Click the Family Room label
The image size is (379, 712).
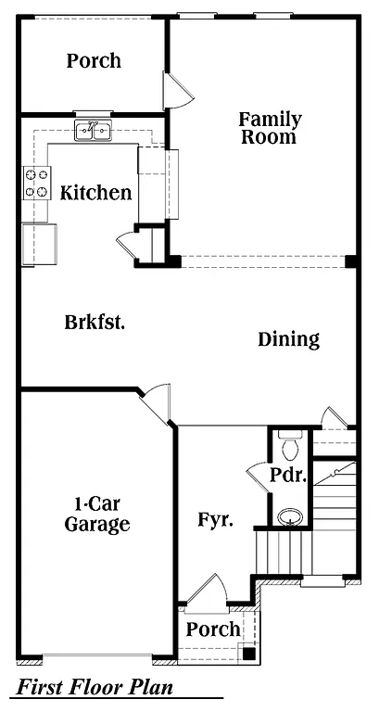270,128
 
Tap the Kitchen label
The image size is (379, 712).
95,193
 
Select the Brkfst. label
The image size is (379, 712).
95,323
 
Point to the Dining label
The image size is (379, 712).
288,339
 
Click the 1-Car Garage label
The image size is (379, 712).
96,515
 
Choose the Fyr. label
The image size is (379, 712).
215,519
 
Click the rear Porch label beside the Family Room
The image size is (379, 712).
94,61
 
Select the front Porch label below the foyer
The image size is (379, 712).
213,629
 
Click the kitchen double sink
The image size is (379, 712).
93,131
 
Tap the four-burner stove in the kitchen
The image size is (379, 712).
37,183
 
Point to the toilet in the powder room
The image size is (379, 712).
290,448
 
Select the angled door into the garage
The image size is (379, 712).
155,400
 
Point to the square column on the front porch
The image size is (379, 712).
248,652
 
